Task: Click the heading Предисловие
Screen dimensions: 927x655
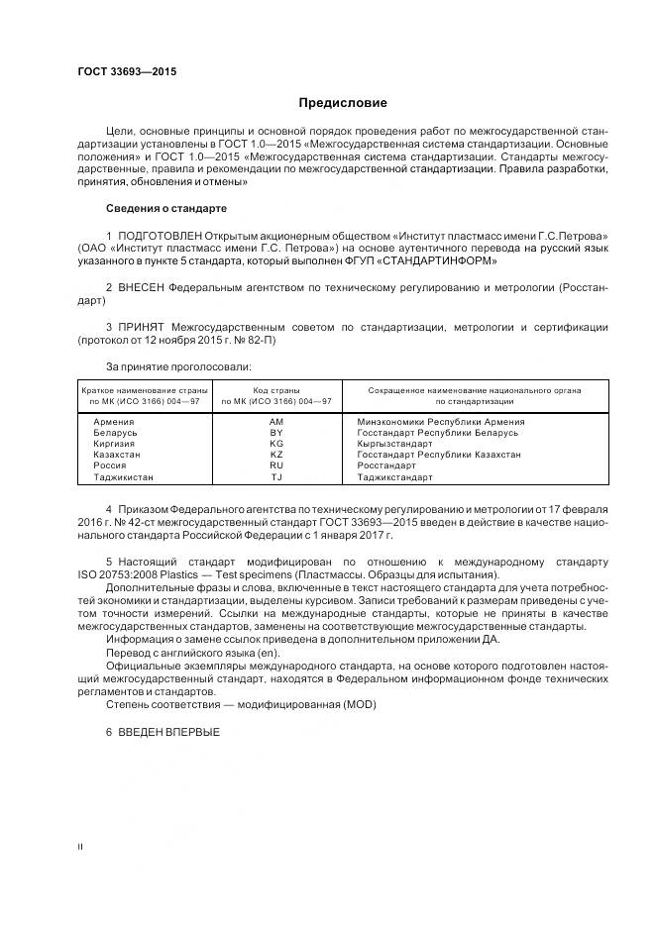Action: point(344,103)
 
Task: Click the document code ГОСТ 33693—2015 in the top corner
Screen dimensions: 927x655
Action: point(121,72)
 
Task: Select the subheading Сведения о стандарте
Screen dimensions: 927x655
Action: point(165,209)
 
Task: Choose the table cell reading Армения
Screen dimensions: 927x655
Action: point(113,421)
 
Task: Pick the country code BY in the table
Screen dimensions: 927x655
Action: point(275,433)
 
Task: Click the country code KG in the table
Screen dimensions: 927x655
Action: point(275,444)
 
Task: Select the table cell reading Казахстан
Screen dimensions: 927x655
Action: point(117,455)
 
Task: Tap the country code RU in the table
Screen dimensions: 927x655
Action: point(275,465)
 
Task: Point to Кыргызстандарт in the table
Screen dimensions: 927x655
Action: point(394,444)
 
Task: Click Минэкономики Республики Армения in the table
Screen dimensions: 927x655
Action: point(440,421)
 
